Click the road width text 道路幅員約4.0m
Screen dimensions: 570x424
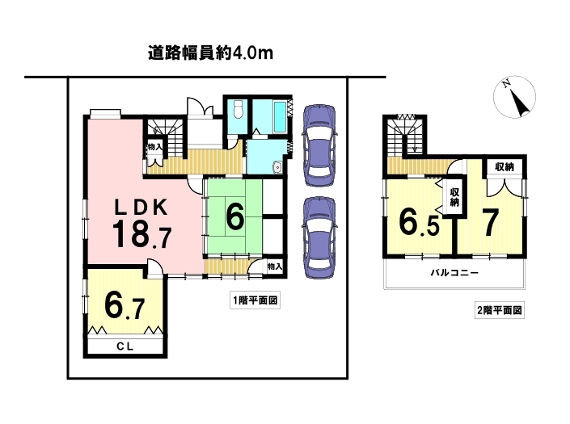210,53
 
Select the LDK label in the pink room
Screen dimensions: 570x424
141,208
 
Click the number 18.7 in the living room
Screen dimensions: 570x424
141,234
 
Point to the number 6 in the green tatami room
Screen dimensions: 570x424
234,216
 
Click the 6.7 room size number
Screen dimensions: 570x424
125,306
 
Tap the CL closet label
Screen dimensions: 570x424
125,346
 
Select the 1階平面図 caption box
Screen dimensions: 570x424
255,300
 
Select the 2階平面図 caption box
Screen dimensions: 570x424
500,310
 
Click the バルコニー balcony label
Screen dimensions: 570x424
454,273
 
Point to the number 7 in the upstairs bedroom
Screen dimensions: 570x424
490,223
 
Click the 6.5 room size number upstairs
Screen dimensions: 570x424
419,222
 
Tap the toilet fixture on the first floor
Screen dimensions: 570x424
238,109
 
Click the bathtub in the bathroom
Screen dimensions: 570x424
281,117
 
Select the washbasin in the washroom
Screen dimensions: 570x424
278,167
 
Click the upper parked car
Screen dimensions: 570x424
319,145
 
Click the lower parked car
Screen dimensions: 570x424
319,237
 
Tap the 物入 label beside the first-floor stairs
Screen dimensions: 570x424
155,147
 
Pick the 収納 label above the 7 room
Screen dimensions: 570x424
505,167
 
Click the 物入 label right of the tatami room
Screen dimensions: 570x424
275,267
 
